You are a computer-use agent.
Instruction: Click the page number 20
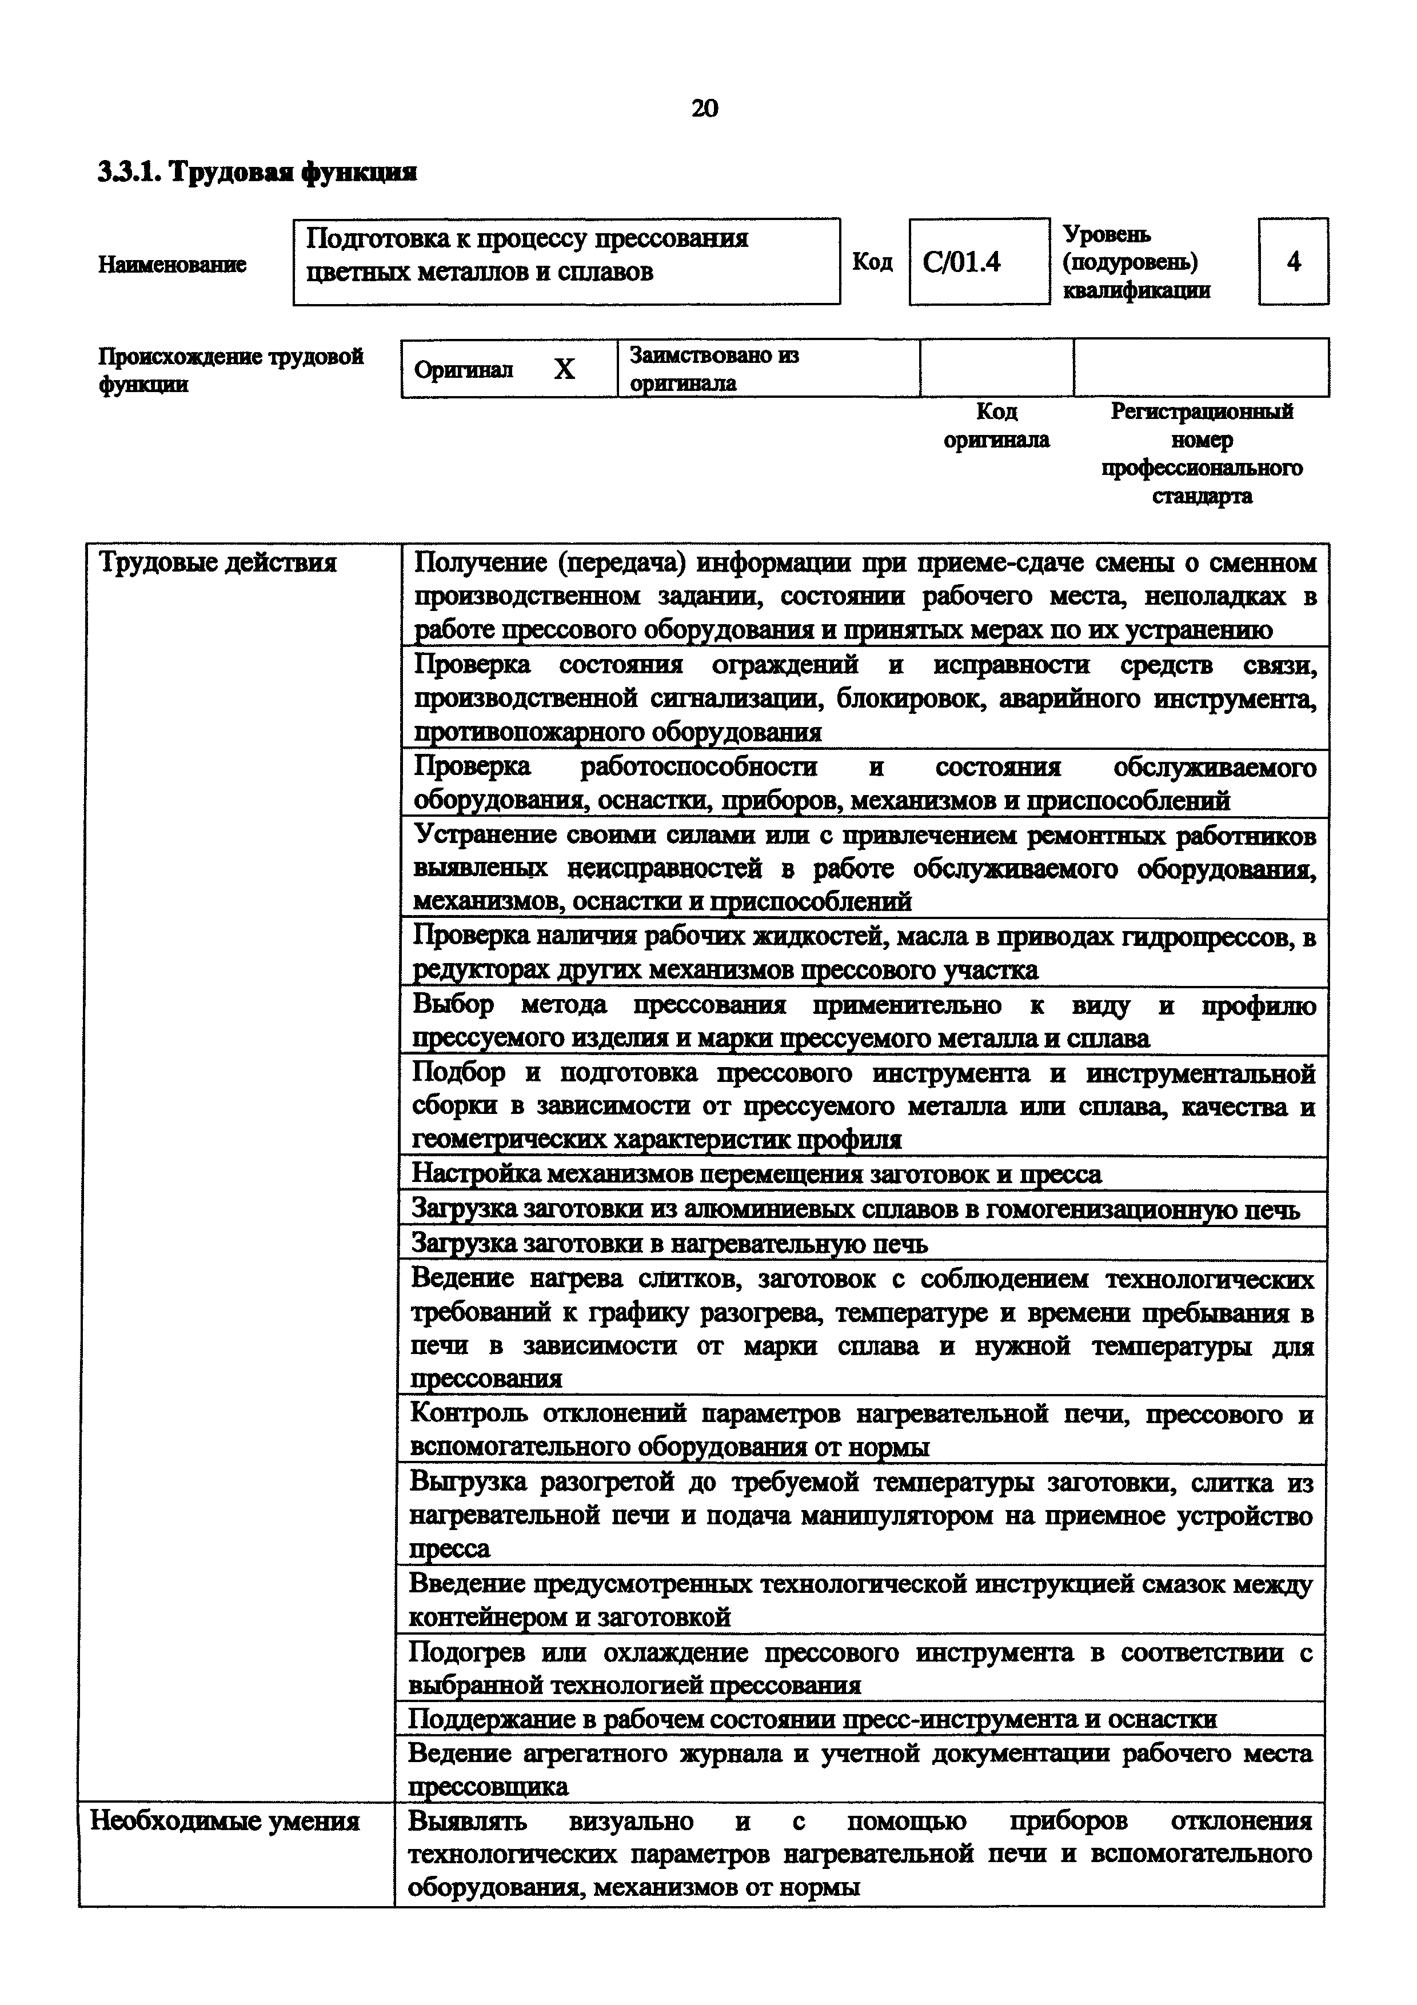[x=705, y=108]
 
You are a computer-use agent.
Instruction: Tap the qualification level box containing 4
[x=1293, y=261]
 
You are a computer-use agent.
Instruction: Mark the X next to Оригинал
[x=565, y=369]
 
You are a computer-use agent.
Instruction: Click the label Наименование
[x=172, y=263]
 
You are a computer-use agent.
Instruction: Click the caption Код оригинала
[x=996, y=425]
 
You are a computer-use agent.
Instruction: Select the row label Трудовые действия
[x=218, y=562]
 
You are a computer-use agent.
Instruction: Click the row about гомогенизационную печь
[x=856, y=1209]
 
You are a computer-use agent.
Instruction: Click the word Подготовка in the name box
[x=372, y=238]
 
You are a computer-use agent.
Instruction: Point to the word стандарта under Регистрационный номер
[x=1202, y=496]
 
